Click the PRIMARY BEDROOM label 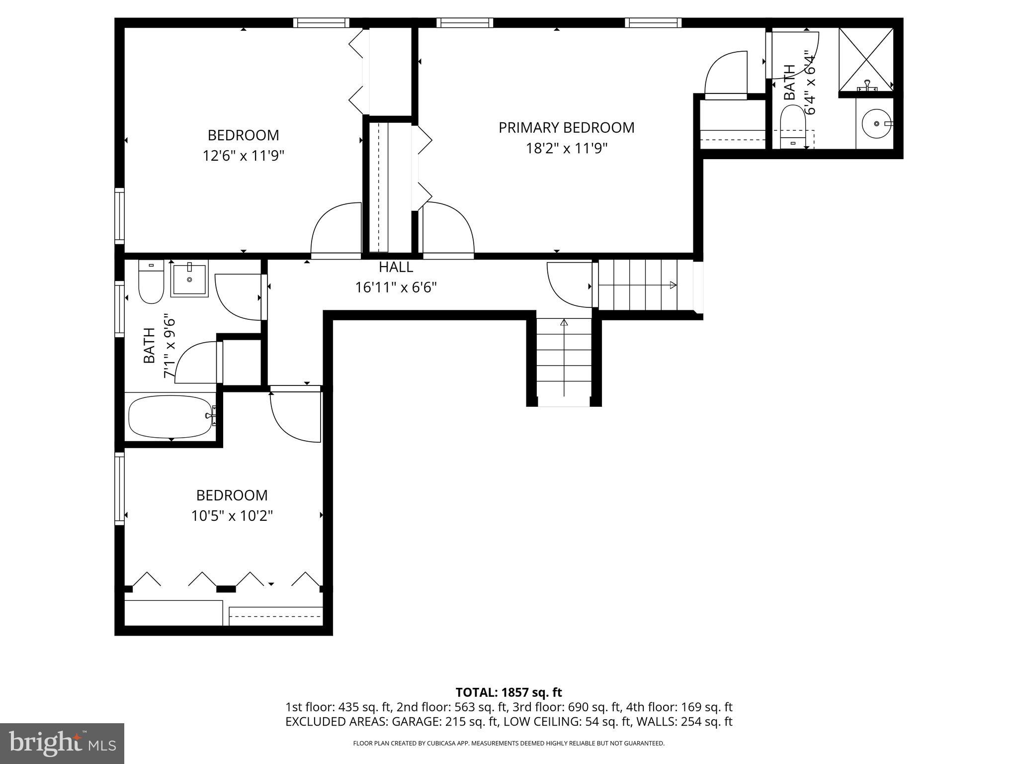click(x=566, y=128)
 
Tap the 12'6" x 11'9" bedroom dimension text click(x=243, y=156)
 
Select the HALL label click(x=396, y=267)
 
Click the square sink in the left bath click(x=189, y=280)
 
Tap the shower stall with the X click(x=866, y=60)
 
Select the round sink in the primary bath click(x=876, y=123)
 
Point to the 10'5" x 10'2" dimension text click(x=232, y=516)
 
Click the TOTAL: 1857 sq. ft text click(x=509, y=692)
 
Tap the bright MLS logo click(x=62, y=743)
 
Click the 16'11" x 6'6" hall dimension click(x=396, y=287)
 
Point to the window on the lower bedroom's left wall click(x=119, y=487)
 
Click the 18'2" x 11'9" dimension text click(x=567, y=149)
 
